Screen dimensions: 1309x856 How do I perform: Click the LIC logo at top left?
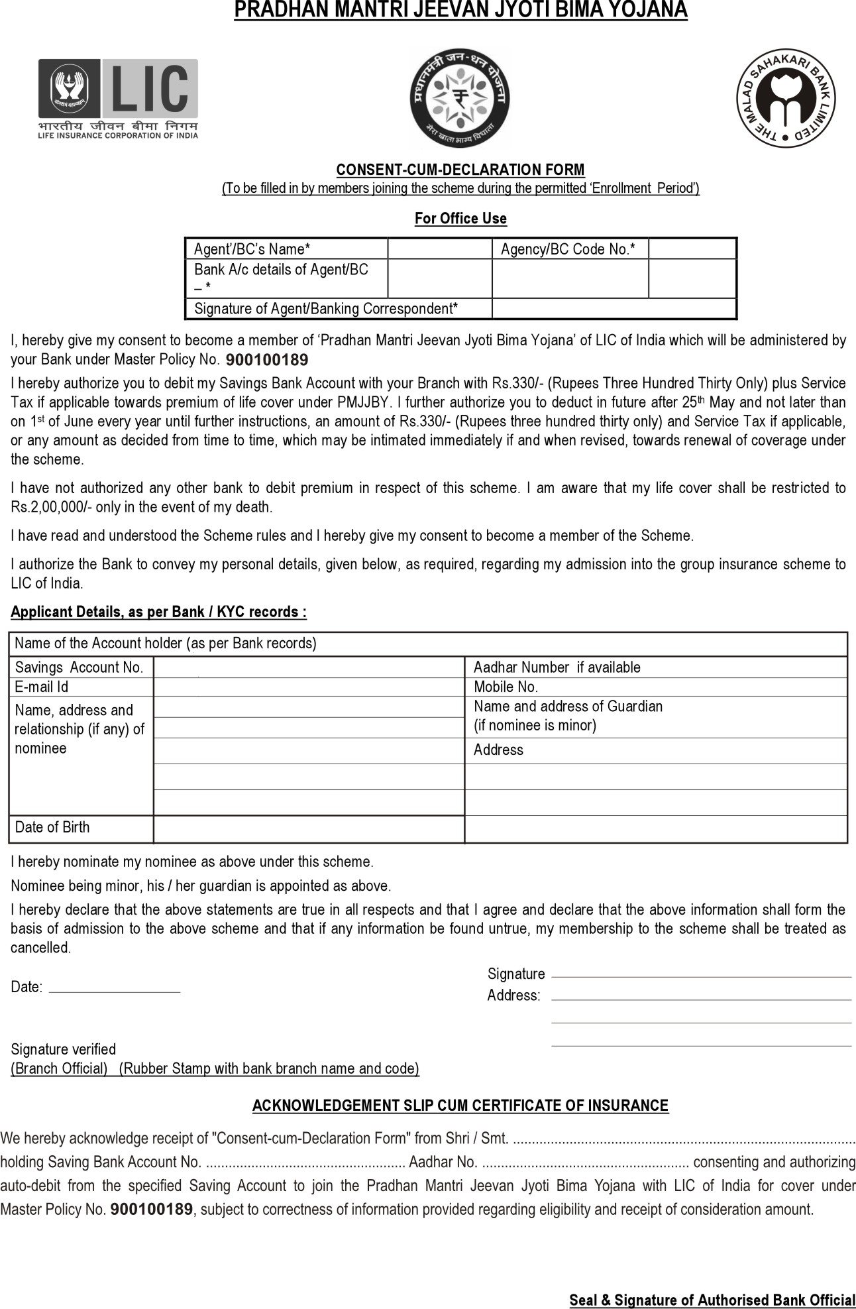118,98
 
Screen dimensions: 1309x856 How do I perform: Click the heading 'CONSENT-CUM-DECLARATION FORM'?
460,170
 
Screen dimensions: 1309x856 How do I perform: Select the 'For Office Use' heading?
460,218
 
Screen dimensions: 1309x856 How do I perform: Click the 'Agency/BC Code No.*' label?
568,249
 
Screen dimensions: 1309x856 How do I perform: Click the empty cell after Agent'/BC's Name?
439,249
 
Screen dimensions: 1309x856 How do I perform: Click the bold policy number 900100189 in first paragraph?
267,361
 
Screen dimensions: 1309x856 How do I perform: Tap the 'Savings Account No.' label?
79,667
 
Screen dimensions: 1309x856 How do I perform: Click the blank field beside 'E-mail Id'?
309,687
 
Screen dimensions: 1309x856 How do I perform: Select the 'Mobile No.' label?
506,687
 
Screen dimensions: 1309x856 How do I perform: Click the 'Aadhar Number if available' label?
557,667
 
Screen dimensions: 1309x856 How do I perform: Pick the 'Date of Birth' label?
52,827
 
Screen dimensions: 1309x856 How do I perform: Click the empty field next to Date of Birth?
309,829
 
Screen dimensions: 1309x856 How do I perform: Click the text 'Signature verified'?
64,1049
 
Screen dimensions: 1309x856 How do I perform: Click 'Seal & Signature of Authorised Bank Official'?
712,1300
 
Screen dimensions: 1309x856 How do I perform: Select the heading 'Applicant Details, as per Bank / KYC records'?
159,612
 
